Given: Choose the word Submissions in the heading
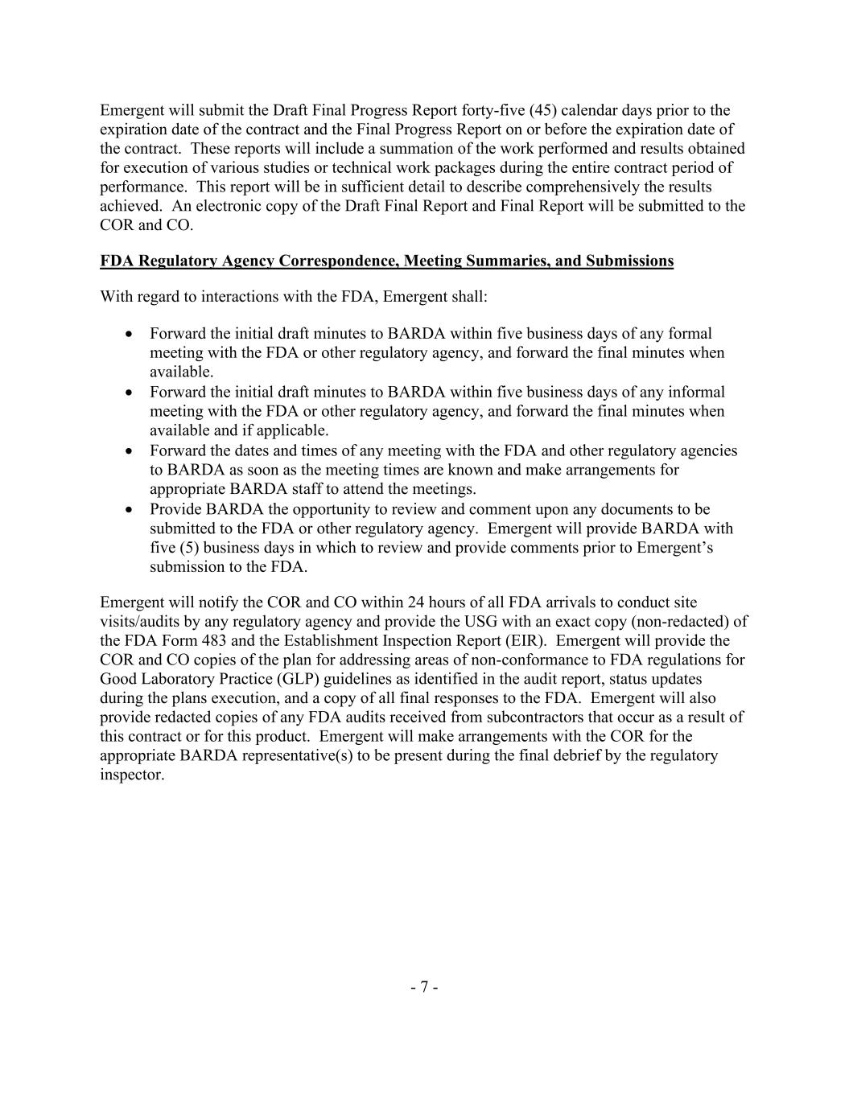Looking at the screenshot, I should (629, 261).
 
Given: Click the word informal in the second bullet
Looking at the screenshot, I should (697, 392).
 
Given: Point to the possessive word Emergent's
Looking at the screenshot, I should (674, 548).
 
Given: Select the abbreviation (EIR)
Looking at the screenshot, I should (524, 641).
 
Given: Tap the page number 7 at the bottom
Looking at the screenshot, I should (424, 987).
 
